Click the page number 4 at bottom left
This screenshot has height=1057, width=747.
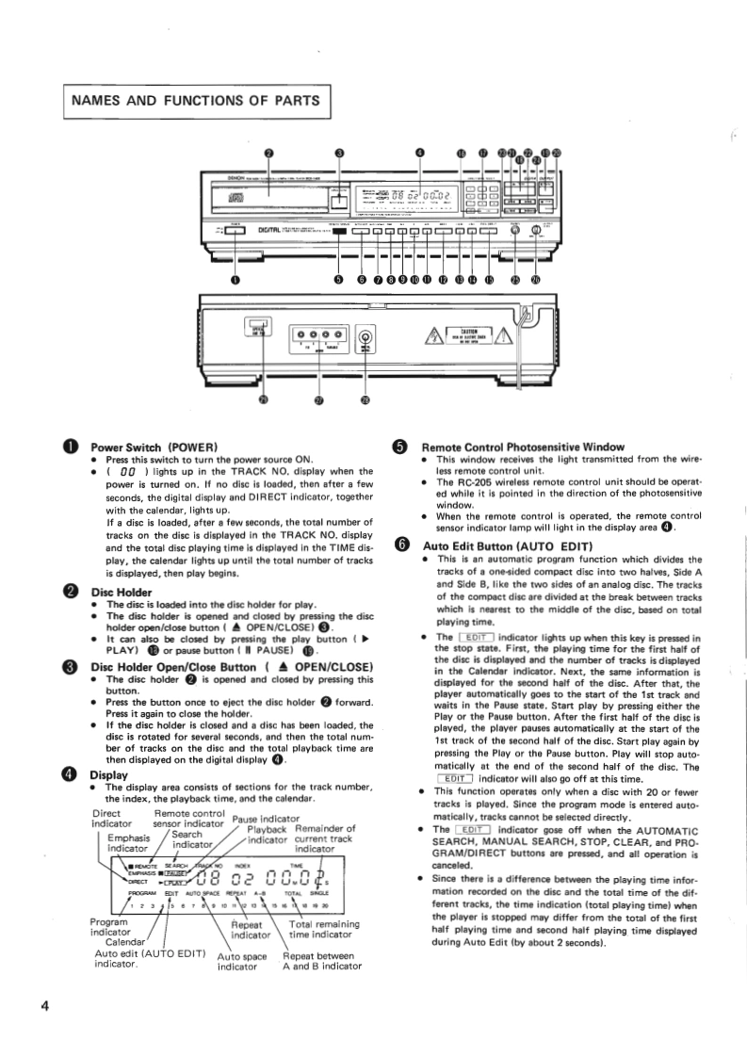44,1005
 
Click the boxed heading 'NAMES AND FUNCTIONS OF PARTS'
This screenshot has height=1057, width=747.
194,100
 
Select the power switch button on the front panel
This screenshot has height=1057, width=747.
235,231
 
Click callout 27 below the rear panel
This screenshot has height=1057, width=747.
317,400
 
